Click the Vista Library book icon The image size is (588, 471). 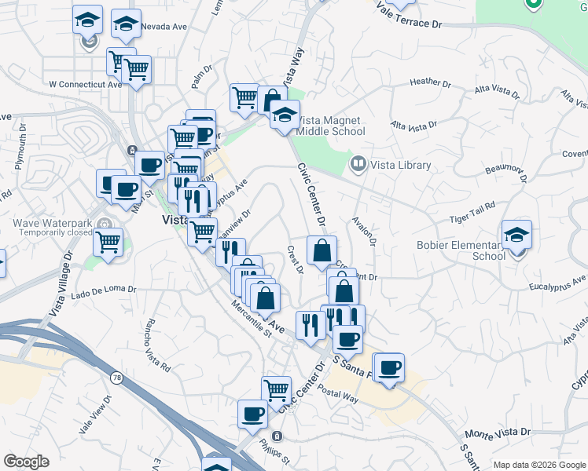pos(358,164)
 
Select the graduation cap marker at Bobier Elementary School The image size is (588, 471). pos(516,235)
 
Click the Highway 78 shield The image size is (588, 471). pos(116,378)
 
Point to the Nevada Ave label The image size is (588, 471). pos(164,27)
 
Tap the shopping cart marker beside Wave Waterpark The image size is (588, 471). pos(108,241)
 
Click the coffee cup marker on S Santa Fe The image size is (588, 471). pos(388,367)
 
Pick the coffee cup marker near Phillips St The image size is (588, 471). pos(252,414)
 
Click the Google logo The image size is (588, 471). pos(26,462)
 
